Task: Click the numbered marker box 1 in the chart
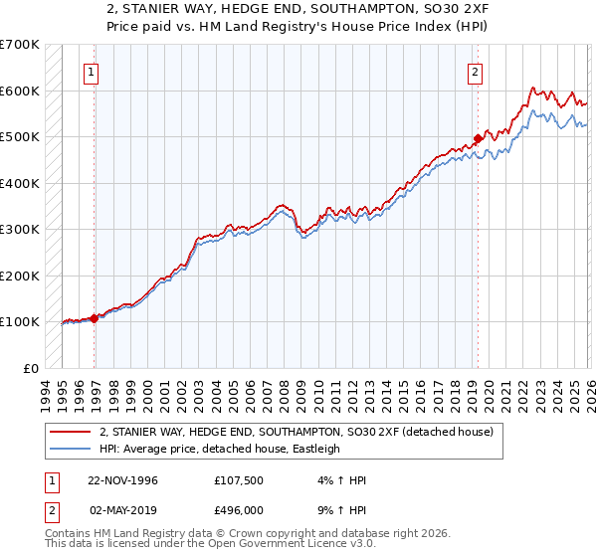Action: (x=91, y=72)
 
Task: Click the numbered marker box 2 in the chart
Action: (x=475, y=72)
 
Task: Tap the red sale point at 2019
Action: (x=478, y=138)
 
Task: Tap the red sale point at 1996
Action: (x=95, y=318)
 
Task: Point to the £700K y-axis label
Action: (x=20, y=45)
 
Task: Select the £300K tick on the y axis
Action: (x=20, y=230)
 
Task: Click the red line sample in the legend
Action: (x=71, y=432)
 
